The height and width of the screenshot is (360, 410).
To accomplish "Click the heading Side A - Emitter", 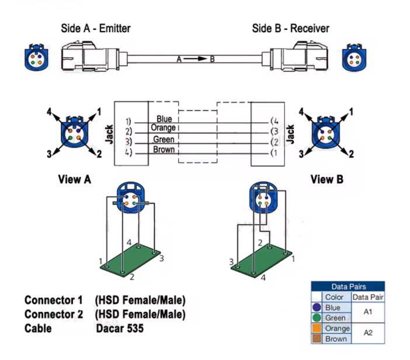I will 96,28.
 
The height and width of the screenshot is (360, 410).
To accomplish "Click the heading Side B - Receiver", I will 290,28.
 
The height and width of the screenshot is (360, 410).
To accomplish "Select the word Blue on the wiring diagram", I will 164,119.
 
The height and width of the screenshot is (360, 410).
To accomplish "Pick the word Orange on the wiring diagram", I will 164,128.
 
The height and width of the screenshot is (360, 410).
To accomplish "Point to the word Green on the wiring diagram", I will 164,140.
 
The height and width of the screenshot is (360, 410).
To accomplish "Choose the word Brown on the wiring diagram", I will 164,150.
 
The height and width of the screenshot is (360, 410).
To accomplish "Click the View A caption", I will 74,179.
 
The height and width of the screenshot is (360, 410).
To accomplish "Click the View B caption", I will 326,179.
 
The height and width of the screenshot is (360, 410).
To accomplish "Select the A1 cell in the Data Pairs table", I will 369,313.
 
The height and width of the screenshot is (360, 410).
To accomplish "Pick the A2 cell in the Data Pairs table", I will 369,333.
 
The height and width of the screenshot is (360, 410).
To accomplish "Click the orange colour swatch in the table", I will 317,328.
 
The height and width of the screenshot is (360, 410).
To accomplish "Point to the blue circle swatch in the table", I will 317,307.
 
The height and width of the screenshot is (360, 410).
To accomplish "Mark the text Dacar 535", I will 119,328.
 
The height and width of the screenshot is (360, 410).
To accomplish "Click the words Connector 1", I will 54,300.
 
